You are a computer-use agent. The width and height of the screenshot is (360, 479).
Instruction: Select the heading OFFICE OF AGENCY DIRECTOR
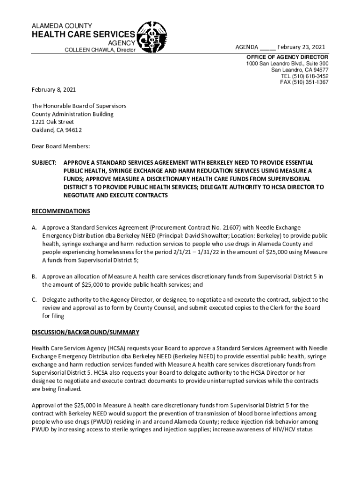coord(287,57)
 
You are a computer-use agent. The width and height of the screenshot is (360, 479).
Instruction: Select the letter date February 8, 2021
coord(54,89)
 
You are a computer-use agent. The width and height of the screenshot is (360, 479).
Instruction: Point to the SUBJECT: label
coord(44,162)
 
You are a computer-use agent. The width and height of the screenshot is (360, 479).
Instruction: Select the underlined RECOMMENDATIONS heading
coord(61,211)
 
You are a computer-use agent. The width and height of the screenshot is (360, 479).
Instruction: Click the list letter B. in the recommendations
coord(34,276)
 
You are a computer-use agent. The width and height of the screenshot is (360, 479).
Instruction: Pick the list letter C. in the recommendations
coord(34,299)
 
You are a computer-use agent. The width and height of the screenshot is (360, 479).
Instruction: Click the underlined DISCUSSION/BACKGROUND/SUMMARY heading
coord(86,333)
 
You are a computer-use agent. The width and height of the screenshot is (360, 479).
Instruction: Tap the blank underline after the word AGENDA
coord(268,47)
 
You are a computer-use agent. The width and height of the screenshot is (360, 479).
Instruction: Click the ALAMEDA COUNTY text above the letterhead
coord(62,25)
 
